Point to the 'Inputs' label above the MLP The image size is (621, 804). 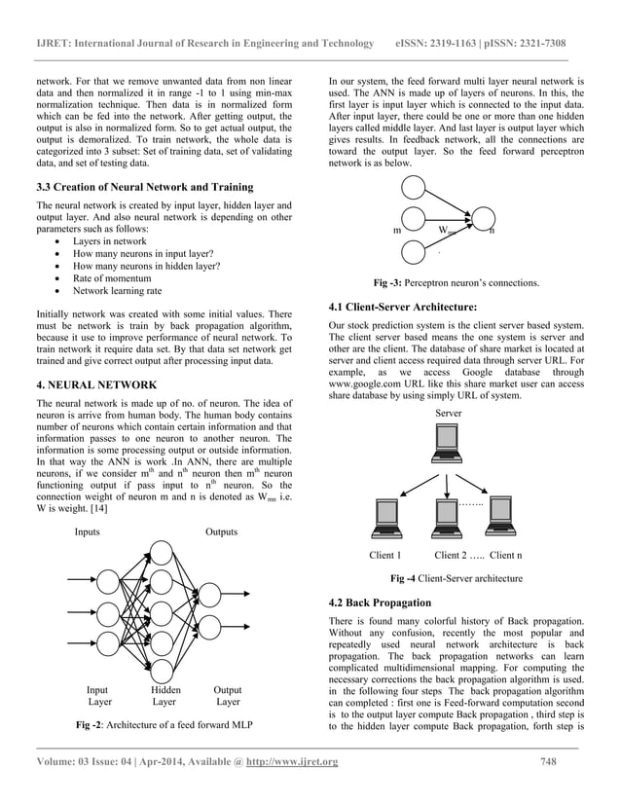[91, 532]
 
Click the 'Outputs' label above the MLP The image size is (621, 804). [222, 532]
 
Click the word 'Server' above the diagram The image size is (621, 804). [449, 414]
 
